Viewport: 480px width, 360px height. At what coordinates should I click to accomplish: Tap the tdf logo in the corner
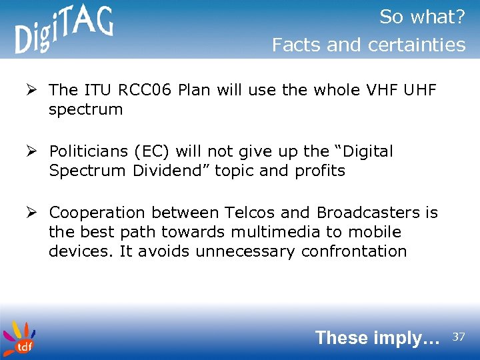[x=19, y=338]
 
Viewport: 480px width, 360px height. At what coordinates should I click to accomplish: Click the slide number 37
[x=459, y=337]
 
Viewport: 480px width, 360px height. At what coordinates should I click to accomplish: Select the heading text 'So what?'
[x=422, y=17]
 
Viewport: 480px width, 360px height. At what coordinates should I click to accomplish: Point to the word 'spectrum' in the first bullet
[x=85, y=110]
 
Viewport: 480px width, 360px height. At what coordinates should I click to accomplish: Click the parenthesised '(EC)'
[x=157, y=152]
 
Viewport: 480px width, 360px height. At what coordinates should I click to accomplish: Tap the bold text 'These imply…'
[x=377, y=337]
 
